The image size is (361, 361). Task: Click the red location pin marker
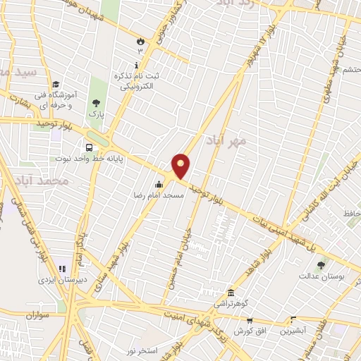pos(182,166)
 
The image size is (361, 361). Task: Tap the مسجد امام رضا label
pos(160,193)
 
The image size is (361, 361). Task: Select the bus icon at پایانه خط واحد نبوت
pos(89,147)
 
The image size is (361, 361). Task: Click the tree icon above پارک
pos(96,104)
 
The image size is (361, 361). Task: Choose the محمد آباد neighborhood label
pos(42,181)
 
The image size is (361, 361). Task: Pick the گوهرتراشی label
pos(230,305)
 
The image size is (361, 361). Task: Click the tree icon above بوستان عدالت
pos(321,265)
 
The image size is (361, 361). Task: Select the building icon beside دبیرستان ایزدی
pos(62,269)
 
